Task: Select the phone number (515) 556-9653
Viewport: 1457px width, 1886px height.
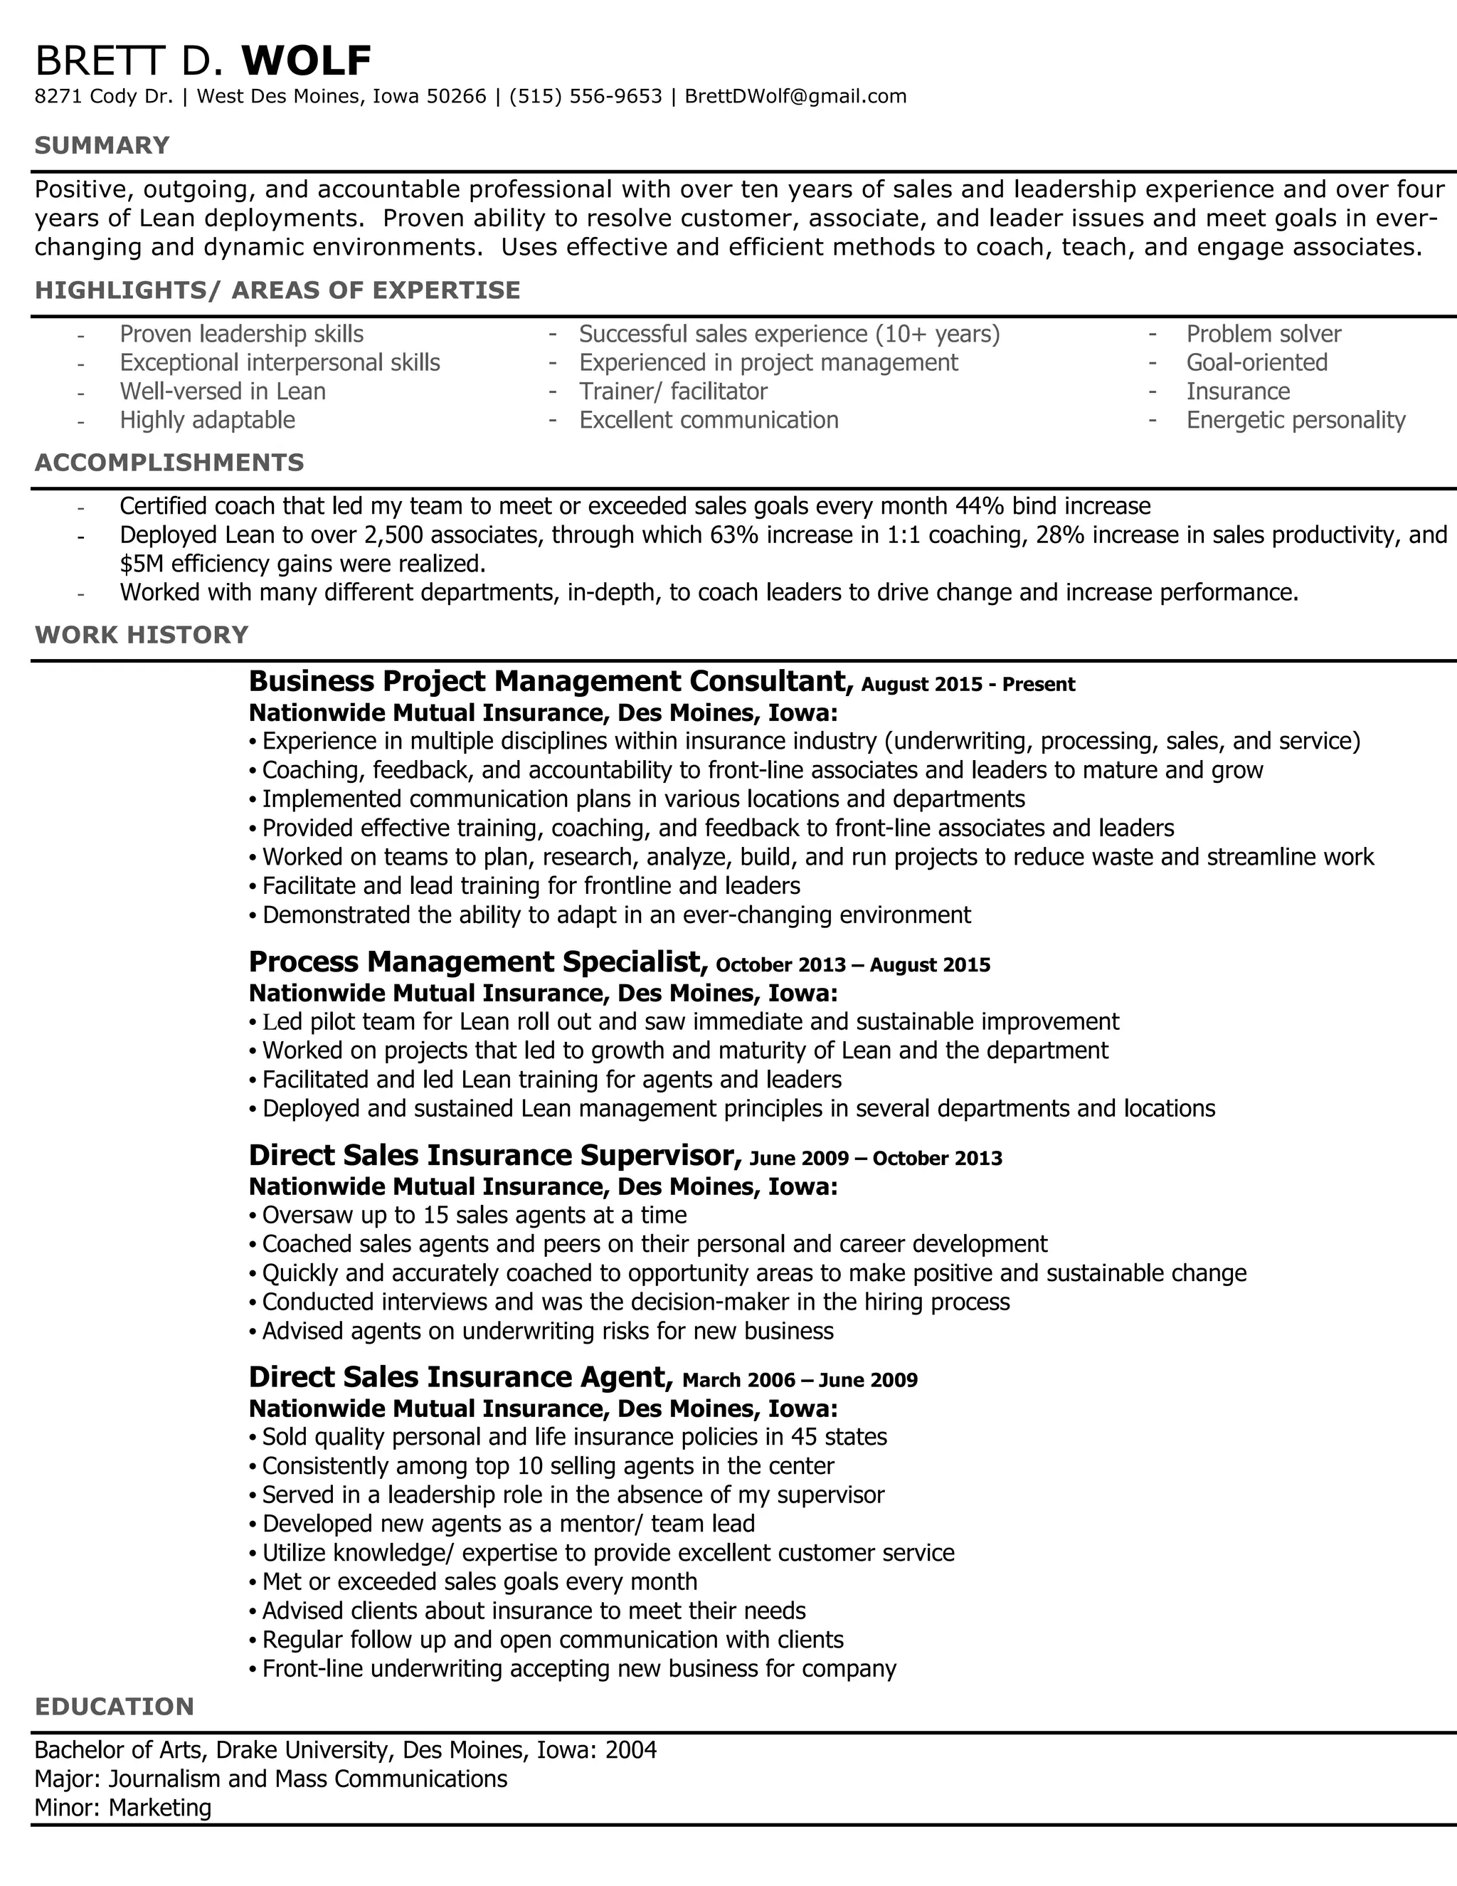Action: tap(586, 97)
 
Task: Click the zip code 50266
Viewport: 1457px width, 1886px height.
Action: tap(457, 97)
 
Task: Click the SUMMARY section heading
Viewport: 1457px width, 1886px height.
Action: tap(102, 145)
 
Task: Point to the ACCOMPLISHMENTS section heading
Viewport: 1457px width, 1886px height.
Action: tap(169, 463)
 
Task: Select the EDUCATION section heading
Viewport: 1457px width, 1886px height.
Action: tap(114, 1707)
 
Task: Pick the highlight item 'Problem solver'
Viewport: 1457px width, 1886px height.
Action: tap(1263, 334)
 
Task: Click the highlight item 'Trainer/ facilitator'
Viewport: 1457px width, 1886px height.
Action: tap(673, 392)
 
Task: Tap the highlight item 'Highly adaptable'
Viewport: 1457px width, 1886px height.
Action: tap(207, 421)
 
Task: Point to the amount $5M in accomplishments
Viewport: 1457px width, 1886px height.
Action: tap(139, 564)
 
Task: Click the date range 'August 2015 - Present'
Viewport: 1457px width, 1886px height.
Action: tap(968, 685)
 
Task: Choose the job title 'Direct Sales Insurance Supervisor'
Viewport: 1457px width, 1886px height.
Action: tap(494, 1154)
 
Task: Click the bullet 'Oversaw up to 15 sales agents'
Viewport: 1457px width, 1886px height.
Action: tap(474, 1215)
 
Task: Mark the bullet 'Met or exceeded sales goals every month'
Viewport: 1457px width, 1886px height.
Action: tap(479, 1581)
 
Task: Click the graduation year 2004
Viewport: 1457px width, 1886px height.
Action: tap(631, 1751)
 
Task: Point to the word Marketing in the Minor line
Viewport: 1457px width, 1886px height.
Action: tap(161, 1808)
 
